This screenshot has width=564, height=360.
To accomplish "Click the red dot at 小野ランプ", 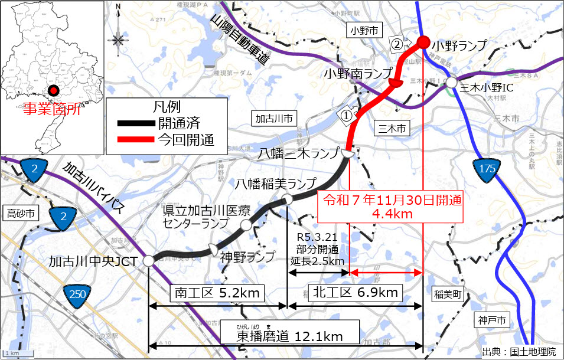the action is pos(423,41).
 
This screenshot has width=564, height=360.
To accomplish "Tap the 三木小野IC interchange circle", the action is pos(451,83).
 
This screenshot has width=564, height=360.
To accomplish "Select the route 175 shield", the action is pos(487,168).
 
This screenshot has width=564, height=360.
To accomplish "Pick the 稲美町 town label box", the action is pos(449,293).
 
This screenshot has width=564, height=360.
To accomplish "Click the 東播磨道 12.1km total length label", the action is pos(290,336).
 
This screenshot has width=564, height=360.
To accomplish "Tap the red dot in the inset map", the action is pos(53,91).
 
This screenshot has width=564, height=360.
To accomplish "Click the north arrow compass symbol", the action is pos(118,37).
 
